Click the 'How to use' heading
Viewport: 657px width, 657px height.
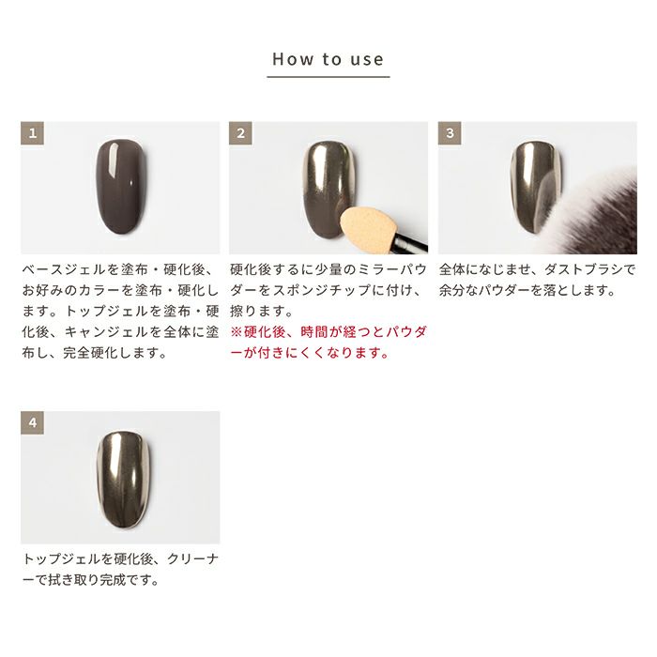[x=328, y=59]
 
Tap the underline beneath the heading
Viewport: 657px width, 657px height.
[x=328, y=77]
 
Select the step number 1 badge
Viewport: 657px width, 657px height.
[x=32, y=133]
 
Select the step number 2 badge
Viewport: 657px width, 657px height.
[x=240, y=133]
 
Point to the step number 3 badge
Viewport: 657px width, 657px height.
[x=450, y=133]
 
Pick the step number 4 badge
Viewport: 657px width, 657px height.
[x=32, y=422]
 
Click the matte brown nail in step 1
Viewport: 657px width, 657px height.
[x=121, y=188]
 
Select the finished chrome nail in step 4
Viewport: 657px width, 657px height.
[x=123, y=479]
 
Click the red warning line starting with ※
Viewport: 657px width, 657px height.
[x=328, y=332]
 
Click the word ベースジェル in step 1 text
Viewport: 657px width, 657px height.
[x=64, y=269]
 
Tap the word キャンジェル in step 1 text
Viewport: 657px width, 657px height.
[x=106, y=332]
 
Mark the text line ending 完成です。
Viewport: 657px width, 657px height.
[x=90, y=580]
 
